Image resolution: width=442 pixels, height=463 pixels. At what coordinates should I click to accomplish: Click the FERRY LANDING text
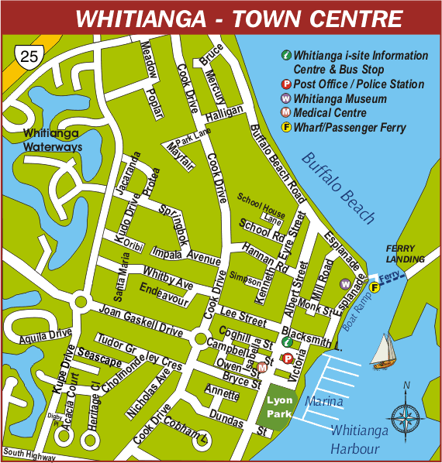click(x=406, y=253)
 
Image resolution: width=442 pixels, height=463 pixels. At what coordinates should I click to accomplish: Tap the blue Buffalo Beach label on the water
click(x=339, y=188)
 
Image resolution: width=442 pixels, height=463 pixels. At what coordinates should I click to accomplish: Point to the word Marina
click(x=323, y=402)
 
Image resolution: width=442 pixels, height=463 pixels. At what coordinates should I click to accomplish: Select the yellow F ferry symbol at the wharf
click(x=374, y=288)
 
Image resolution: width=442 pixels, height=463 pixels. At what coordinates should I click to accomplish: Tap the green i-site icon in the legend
click(x=286, y=56)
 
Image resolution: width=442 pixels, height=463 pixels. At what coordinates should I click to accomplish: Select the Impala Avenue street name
click(x=186, y=255)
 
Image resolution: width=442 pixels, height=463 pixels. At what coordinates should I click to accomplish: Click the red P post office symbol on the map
click(x=288, y=358)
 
